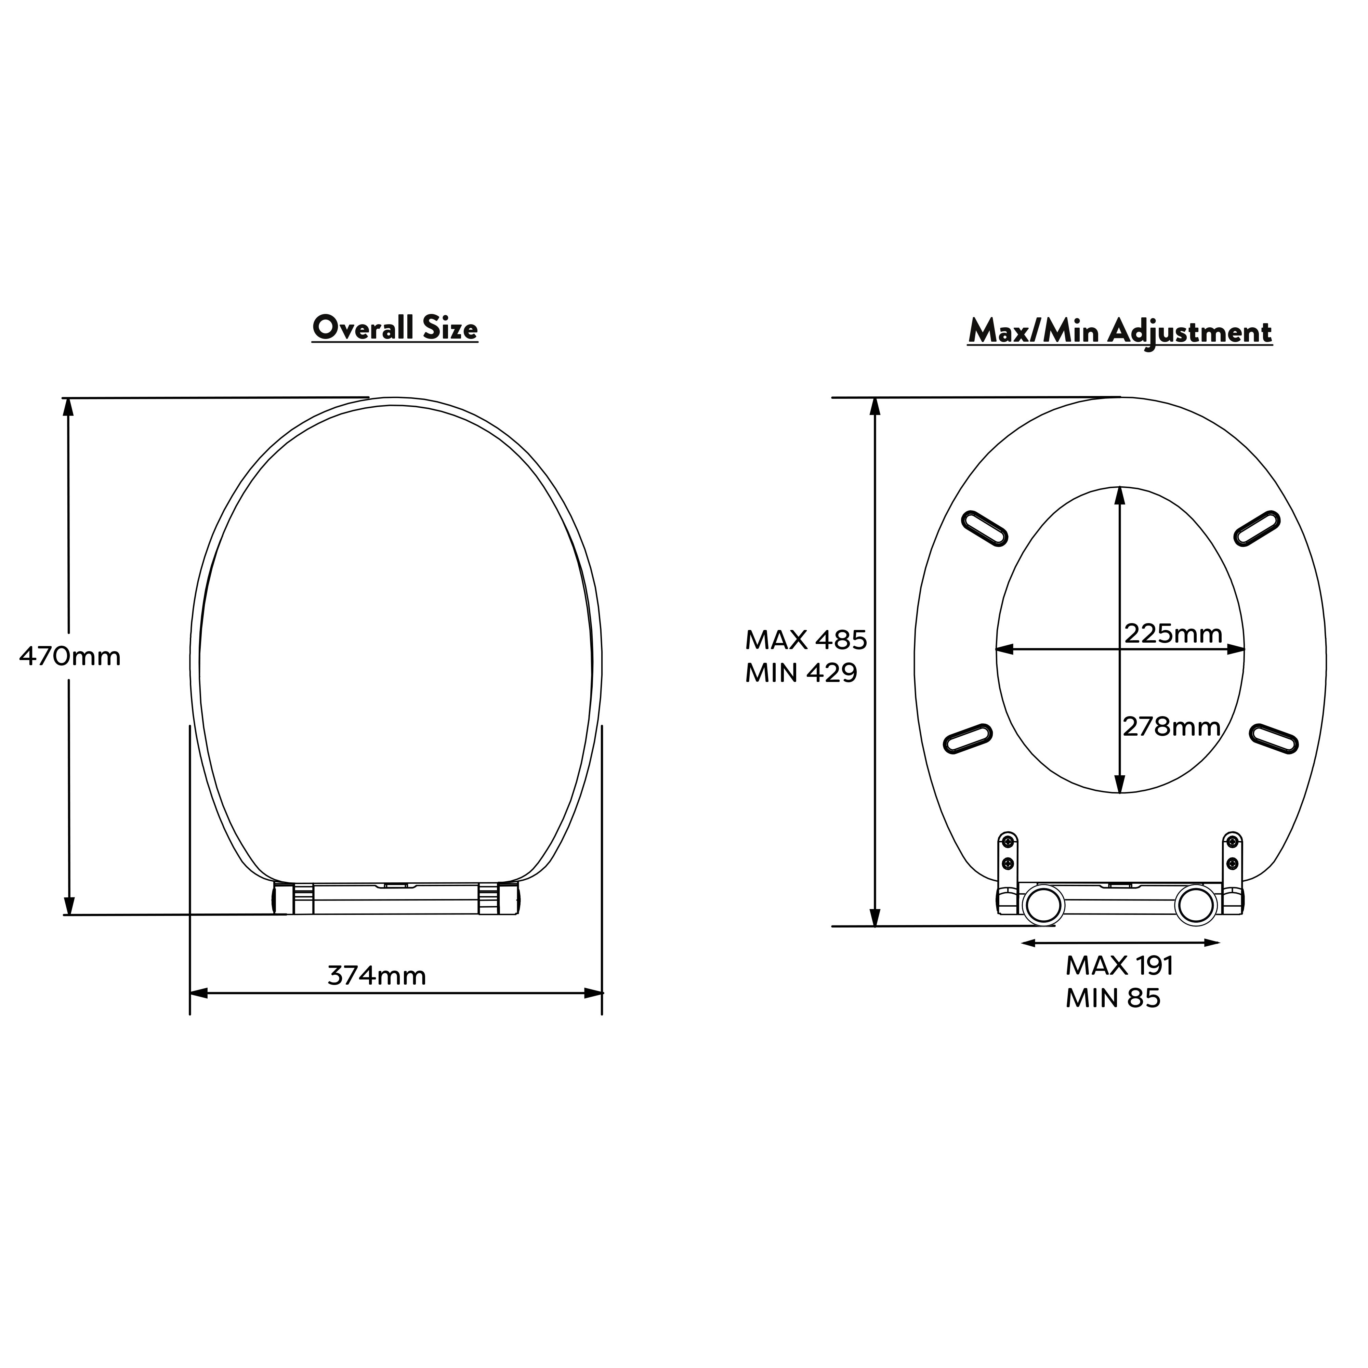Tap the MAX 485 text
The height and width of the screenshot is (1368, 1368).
click(x=806, y=640)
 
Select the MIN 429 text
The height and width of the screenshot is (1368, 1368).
click(x=801, y=673)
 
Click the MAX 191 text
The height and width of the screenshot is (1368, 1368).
click(x=1119, y=966)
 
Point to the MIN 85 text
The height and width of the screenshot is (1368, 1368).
click(x=1113, y=998)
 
